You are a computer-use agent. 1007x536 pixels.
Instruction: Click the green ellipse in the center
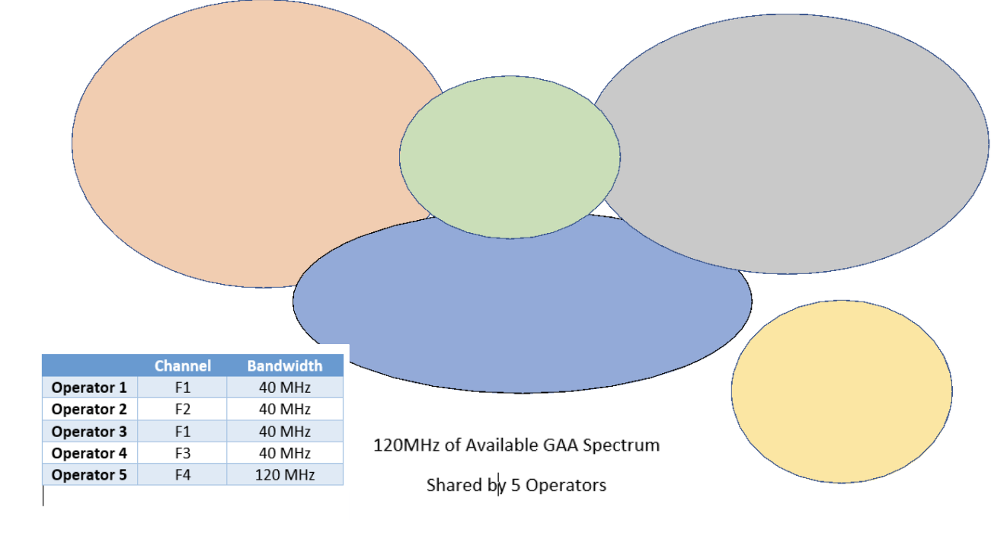click(510, 157)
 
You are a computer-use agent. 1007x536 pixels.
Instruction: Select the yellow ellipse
click(842, 391)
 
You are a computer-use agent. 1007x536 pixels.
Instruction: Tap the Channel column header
click(183, 366)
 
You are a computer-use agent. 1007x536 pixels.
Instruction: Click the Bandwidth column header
click(285, 366)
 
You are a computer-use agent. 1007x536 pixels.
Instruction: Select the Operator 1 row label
click(89, 388)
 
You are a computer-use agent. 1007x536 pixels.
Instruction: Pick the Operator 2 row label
click(89, 410)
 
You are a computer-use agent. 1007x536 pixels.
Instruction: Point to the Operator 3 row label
click(89, 432)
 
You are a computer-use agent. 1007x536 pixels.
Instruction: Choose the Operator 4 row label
click(89, 453)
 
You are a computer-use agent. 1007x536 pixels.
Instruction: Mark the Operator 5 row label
click(89, 475)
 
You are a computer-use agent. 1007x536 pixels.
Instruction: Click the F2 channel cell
click(183, 410)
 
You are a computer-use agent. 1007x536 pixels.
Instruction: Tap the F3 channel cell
click(183, 453)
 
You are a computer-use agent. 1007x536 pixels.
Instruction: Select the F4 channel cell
click(183, 475)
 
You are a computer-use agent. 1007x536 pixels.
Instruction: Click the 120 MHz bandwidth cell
click(285, 475)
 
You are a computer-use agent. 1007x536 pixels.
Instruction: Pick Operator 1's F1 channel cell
click(183, 388)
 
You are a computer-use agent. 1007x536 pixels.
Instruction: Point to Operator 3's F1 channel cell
click(183, 432)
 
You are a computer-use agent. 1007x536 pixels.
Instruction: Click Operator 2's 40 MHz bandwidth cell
click(285, 410)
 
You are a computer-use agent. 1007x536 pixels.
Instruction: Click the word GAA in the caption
click(561, 445)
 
